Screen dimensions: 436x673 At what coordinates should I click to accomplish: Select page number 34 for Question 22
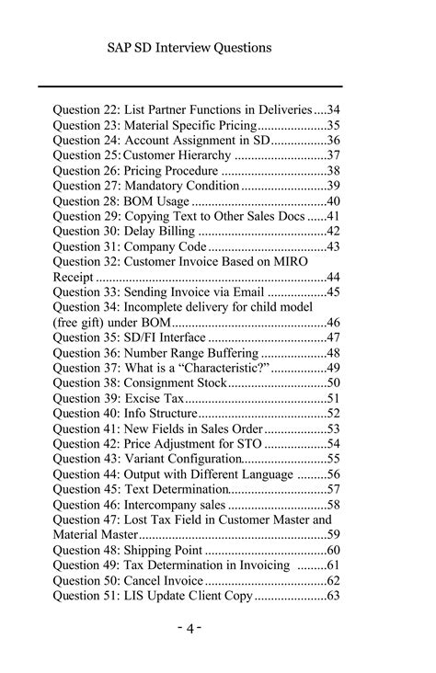[335, 109]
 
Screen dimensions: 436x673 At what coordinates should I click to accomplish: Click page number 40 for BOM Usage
[334, 201]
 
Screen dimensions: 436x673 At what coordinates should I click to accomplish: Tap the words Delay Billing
[160, 232]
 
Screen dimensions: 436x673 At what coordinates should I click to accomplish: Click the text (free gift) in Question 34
[83, 323]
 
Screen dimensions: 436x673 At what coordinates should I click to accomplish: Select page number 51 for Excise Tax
[334, 398]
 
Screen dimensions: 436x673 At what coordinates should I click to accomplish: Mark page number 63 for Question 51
[334, 596]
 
